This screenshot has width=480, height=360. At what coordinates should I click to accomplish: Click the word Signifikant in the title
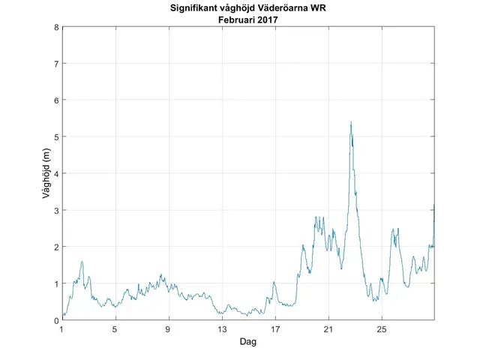(193, 8)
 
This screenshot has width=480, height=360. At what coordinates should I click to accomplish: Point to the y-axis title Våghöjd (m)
(46, 174)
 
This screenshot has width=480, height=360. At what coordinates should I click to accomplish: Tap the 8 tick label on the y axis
(56, 28)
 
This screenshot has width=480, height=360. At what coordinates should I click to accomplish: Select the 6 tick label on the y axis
(56, 100)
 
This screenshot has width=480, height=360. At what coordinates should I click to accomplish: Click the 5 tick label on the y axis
(56, 137)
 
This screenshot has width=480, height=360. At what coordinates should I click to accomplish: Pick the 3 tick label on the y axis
(56, 211)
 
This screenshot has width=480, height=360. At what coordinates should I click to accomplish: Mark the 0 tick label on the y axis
(56, 321)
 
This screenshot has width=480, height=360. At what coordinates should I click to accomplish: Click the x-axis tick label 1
(62, 329)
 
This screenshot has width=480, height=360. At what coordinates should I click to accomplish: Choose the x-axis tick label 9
(169, 329)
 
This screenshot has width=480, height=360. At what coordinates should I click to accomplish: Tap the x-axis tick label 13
(222, 329)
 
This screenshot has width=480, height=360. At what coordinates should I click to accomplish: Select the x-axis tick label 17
(275, 329)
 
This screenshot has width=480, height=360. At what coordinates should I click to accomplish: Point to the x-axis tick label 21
(328, 329)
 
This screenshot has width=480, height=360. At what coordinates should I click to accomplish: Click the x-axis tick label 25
(382, 329)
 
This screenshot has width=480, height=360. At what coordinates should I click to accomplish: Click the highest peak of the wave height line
(351, 121)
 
